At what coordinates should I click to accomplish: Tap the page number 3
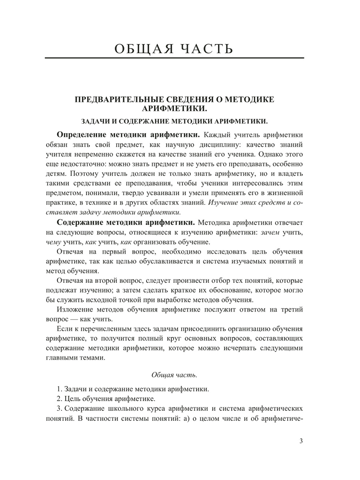pyautogui.click(x=301, y=441)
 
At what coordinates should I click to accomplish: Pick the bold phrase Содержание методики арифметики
pyautogui.click(x=126, y=222)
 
